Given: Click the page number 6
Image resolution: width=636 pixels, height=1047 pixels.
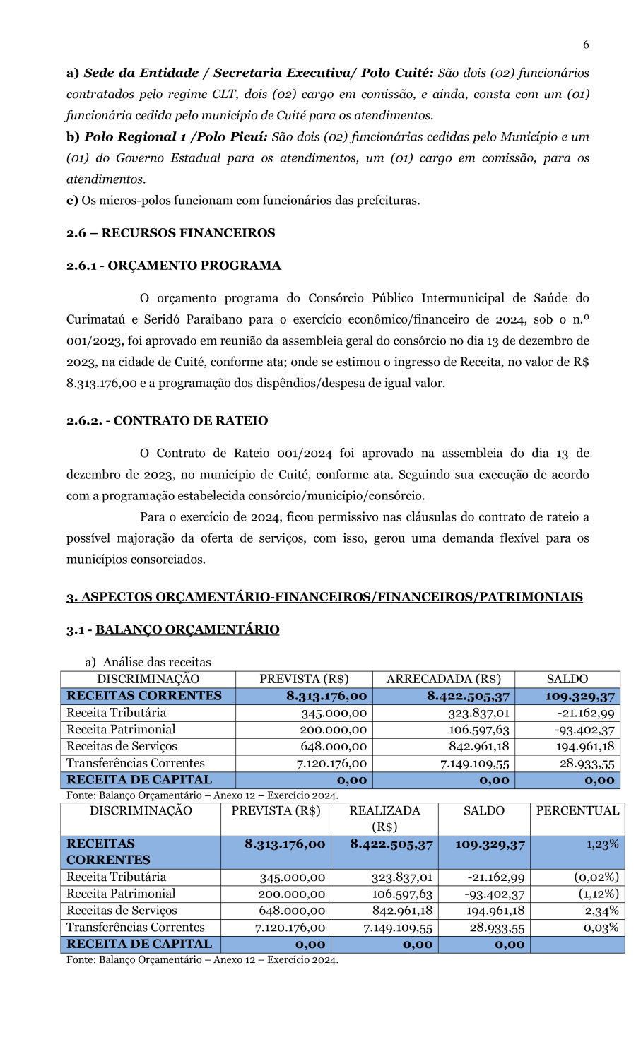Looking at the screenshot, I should coord(586,45).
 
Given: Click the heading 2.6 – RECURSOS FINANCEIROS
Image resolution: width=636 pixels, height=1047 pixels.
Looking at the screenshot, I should coord(170,233).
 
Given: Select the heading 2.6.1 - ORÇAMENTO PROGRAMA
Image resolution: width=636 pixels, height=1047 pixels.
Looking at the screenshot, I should coord(173,266).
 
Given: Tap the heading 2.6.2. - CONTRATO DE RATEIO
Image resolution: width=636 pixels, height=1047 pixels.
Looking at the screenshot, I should coord(167,421).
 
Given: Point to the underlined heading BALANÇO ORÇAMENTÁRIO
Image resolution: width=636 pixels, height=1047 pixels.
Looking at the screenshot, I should coord(187,629).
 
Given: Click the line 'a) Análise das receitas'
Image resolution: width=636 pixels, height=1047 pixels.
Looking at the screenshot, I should coord(148,662).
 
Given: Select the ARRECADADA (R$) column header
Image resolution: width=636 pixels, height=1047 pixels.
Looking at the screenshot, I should coord(443,679).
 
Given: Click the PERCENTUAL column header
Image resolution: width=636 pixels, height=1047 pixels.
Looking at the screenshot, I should coord(577,811).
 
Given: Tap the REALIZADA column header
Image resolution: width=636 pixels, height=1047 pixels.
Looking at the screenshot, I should coord(384,811).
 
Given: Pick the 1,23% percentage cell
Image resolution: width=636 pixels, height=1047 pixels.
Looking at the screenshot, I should coord(602,844).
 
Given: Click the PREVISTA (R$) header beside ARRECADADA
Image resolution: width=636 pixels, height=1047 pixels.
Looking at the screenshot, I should coord(304,679).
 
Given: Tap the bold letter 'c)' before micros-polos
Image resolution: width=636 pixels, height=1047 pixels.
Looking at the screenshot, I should coord(72,201).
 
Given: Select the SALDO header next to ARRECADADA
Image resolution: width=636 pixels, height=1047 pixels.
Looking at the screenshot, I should coord(567,679).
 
